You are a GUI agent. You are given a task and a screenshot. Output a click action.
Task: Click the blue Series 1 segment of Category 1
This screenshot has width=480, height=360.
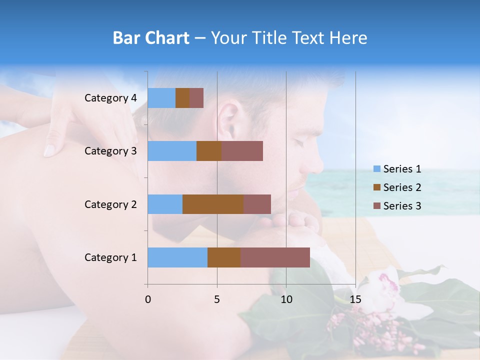click(177, 257)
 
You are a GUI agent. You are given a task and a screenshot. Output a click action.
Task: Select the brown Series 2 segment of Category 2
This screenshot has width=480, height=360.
click(213, 204)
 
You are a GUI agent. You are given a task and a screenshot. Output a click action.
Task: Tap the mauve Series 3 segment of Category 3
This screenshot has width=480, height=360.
click(242, 151)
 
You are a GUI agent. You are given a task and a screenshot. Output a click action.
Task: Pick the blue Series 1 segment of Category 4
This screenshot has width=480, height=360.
click(161, 98)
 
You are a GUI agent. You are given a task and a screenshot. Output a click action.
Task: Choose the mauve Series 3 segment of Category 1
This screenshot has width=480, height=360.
click(275, 257)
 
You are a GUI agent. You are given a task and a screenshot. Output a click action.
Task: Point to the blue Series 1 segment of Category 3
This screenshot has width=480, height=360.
click(172, 151)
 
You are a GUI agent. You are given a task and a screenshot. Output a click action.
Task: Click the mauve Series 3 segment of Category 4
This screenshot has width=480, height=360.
click(196, 98)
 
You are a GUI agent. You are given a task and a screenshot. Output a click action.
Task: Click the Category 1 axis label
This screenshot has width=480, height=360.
click(110, 257)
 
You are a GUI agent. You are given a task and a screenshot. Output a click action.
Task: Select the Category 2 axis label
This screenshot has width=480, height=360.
click(110, 204)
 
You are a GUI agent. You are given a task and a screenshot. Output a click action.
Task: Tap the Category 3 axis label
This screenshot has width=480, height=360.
click(110, 151)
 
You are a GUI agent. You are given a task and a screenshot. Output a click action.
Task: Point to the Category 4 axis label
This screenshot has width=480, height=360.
click(110, 98)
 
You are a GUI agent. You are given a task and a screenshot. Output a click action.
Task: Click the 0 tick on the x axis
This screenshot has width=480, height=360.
click(148, 299)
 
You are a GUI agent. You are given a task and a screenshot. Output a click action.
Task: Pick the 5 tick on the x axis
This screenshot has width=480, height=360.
click(217, 299)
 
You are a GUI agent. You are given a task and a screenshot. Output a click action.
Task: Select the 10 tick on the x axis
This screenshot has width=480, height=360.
click(286, 299)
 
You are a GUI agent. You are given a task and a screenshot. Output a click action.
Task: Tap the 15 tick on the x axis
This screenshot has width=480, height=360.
click(355, 299)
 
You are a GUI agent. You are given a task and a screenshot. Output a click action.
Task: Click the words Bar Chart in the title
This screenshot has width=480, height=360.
click(150, 38)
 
